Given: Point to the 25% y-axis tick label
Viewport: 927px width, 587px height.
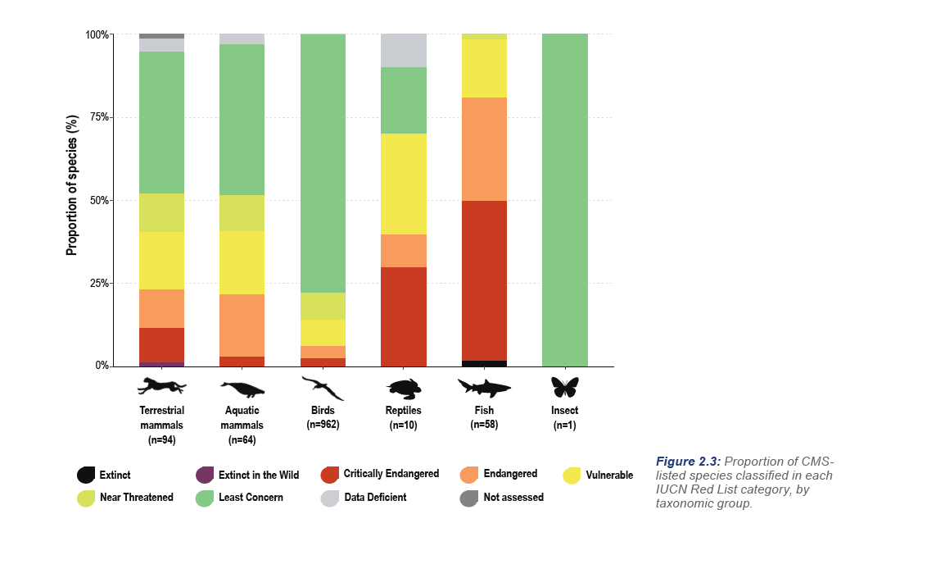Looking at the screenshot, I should tap(98, 283).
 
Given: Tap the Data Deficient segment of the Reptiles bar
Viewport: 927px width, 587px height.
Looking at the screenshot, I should tap(404, 51).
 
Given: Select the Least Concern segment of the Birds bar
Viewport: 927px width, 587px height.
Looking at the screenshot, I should tap(323, 163).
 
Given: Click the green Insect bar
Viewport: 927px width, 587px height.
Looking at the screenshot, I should tap(564, 200).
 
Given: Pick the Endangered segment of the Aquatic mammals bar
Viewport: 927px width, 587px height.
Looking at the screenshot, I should tap(242, 325).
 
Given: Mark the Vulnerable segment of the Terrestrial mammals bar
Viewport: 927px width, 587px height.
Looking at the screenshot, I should tap(161, 261).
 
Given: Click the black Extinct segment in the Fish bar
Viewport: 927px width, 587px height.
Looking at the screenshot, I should tap(484, 363).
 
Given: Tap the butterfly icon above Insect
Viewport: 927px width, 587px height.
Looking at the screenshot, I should tap(564, 386).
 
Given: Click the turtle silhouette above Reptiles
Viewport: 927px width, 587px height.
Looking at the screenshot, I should tap(404, 387).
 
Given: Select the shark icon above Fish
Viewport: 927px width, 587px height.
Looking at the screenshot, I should tap(484, 387).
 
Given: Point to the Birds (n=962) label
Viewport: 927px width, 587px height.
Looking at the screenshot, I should tap(323, 417).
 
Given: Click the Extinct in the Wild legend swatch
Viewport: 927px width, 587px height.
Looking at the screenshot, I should tap(205, 475).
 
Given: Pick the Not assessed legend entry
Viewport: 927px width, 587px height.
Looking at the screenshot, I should tap(512, 497).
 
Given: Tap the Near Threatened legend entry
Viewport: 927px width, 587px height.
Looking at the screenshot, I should tap(136, 497).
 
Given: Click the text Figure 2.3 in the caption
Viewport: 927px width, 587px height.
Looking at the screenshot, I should tap(687, 462).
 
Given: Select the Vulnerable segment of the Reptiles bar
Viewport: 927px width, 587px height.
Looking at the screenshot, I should tap(404, 184).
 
